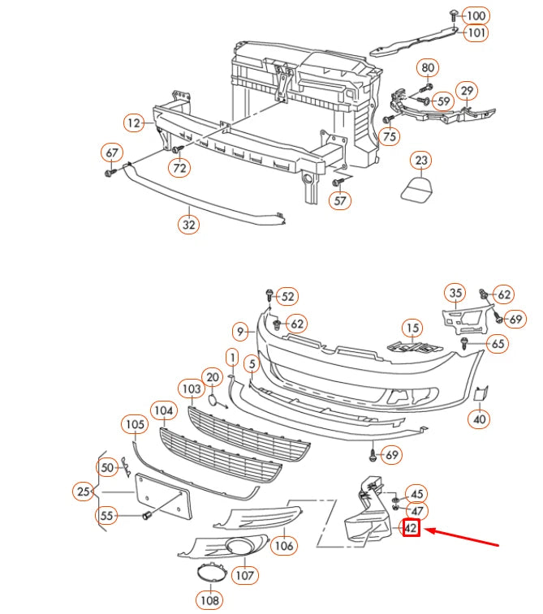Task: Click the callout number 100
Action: tap(476, 15)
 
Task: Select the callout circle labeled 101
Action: tap(476, 33)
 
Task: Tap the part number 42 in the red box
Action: tap(412, 529)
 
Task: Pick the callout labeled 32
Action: tap(188, 225)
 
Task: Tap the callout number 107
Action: tap(244, 575)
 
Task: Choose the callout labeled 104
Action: tap(165, 411)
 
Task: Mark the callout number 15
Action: tap(414, 328)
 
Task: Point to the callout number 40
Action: tap(479, 419)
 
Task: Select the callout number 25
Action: tap(83, 492)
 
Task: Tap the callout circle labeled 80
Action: tap(428, 67)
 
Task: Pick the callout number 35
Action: tap(455, 293)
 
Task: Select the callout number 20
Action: tap(213, 377)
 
